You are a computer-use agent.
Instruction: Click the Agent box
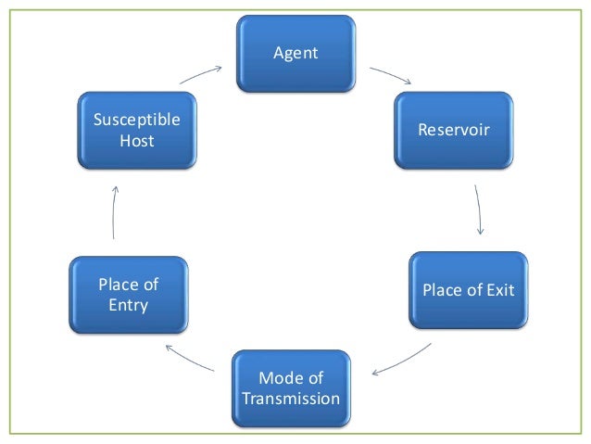[295, 54]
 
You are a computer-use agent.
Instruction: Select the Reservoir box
[453, 130]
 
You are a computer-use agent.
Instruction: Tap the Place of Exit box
[468, 291]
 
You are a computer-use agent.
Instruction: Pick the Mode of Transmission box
[291, 388]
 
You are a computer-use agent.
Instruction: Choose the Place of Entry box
[129, 295]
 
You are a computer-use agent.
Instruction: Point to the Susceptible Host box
[137, 131]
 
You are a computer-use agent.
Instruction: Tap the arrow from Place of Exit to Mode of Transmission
[402, 361]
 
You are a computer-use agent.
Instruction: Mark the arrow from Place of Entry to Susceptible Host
[114, 212]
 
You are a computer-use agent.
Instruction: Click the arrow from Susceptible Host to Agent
[202, 74]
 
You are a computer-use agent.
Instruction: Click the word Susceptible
[137, 121]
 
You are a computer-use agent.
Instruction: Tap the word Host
[137, 141]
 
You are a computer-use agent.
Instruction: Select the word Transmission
[291, 399]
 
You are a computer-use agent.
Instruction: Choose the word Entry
[129, 305]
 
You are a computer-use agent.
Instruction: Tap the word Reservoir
[453, 130]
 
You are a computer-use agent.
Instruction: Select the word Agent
[295, 54]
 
